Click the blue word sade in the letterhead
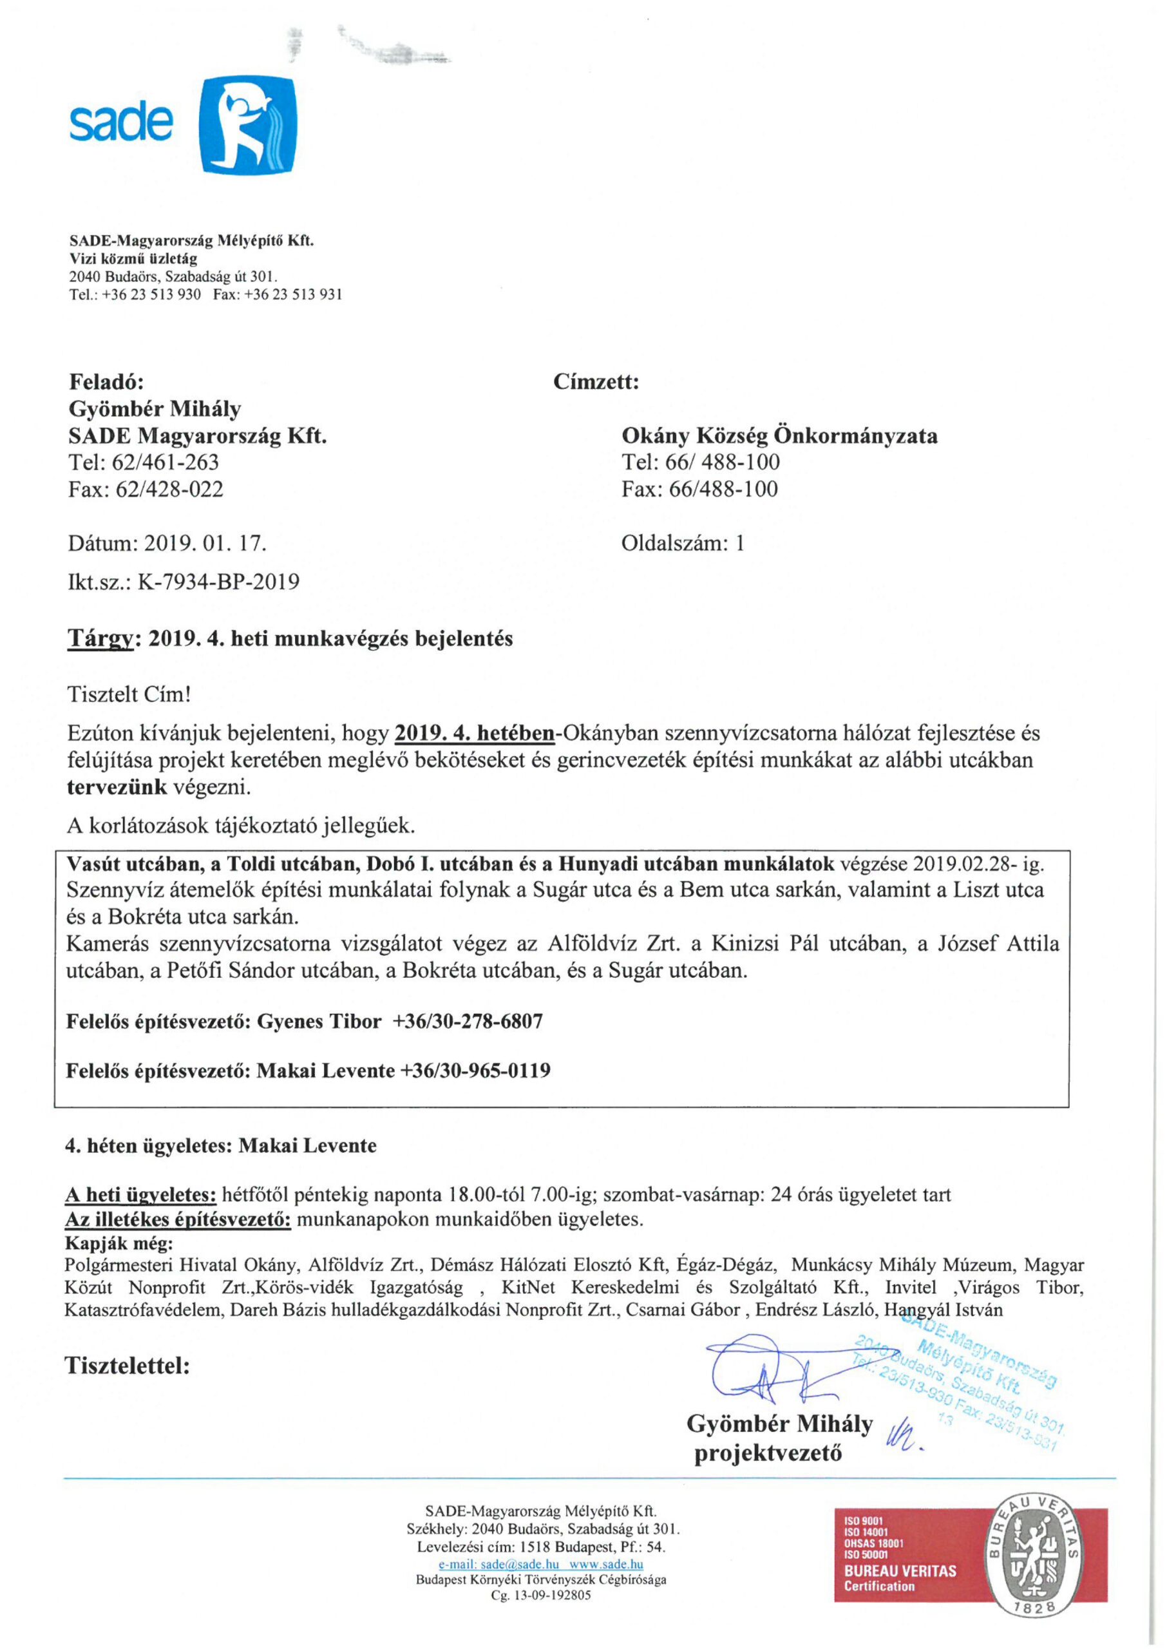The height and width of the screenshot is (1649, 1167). (x=120, y=124)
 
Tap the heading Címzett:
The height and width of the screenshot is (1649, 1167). (x=596, y=381)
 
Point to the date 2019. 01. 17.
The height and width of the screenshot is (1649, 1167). (x=205, y=543)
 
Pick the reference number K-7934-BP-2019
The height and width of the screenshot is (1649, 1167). (x=218, y=581)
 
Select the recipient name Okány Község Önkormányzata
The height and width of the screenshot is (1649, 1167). (x=779, y=435)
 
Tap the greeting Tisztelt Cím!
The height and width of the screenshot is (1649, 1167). (x=129, y=695)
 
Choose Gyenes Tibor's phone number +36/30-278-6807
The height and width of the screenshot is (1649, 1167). (x=468, y=1022)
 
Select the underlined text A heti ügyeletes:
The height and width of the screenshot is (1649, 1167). (x=141, y=1195)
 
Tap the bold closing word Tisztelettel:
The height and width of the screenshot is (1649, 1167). (x=127, y=1364)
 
